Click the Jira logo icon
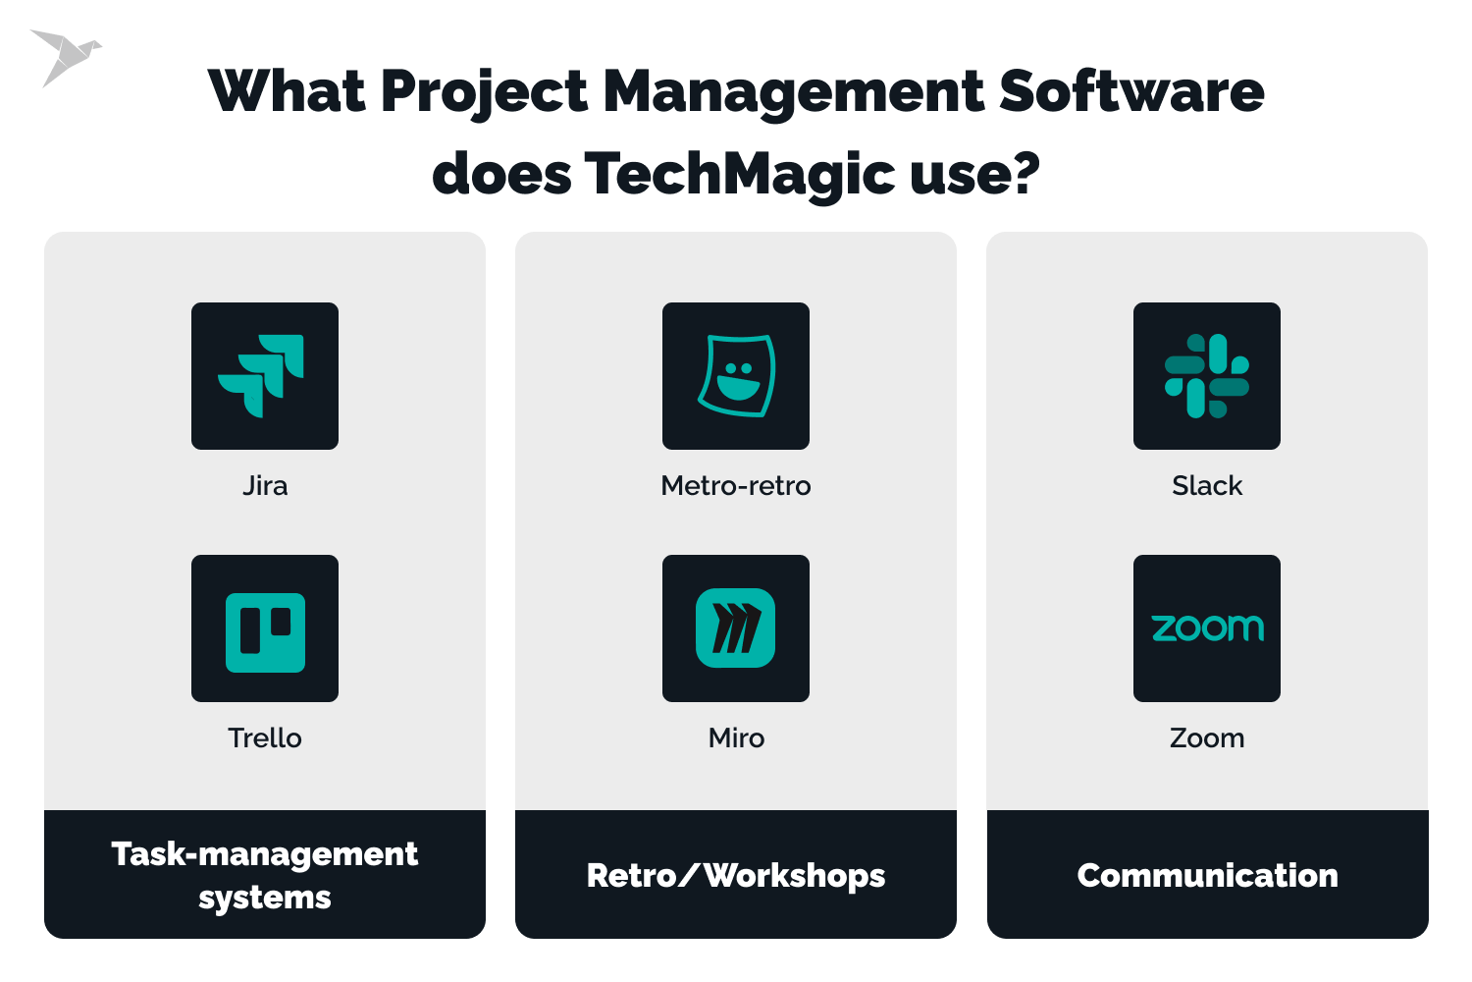coord(264,376)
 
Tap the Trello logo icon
coord(265,628)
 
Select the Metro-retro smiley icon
coord(736,376)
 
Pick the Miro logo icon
coord(736,628)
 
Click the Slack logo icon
coord(1207,376)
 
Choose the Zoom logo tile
coord(1207,628)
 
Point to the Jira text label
coord(265,486)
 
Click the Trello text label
coord(265,738)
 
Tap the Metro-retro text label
coord(736,486)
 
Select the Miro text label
coord(736,738)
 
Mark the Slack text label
coord(1207,486)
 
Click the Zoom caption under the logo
coord(1207,738)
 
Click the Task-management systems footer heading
coord(265,875)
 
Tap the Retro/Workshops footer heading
coord(736,875)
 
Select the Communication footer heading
coord(1207,875)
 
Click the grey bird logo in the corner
coord(65,55)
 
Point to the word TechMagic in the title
coord(740,174)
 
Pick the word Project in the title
coord(484,93)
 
